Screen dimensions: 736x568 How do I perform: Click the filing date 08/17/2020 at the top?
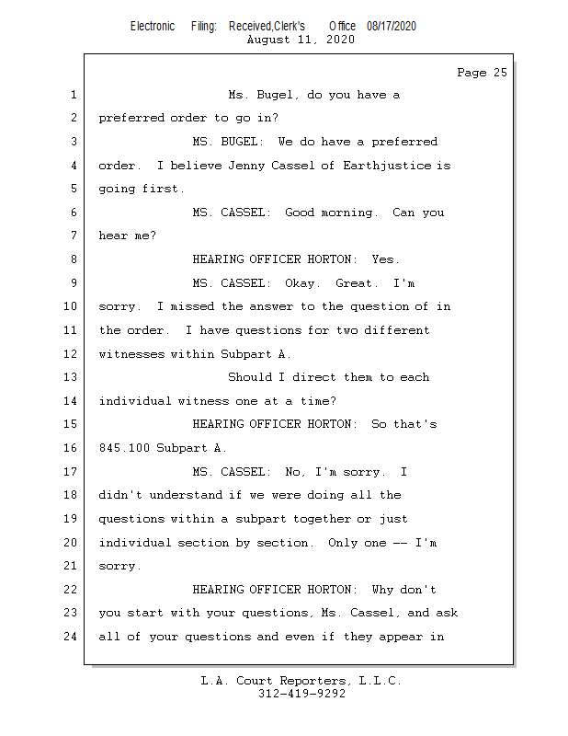tap(391, 26)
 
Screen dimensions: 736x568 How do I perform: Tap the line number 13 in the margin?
tap(71, 377)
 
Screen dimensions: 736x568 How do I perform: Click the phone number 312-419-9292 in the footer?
tap(301, 694)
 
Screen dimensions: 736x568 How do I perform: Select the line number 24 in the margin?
tap(71, 637)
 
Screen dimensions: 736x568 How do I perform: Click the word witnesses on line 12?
tap(131, 354)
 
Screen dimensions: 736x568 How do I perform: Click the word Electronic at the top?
tap(153, 26)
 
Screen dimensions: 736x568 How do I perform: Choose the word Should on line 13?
tap(250, 377)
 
